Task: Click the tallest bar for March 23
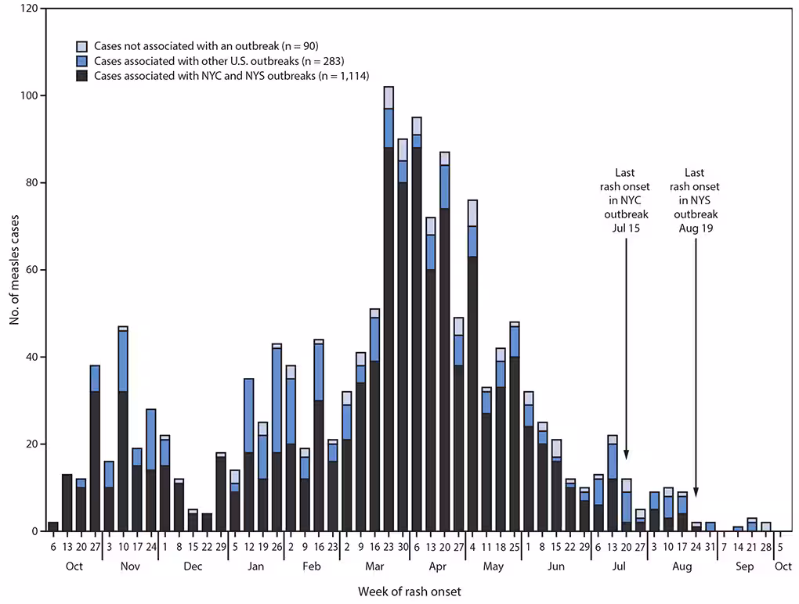pyautogui.click(x=389, y=313)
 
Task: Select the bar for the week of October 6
pyautogui.click(x=53, y=526)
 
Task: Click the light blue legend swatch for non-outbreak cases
pyautogui.click(x=81, y=45)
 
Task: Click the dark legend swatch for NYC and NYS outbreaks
pyautogui.click(x=81, y=76)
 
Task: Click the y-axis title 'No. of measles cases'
pyautogui.click(x=13, y=270)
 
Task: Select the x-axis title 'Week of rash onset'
pyautogui.click(x=410, y=591)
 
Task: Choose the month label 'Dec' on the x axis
pyautogui.click(x=193, y=566)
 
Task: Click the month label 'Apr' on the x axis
pyautogui.click(x=439, y=566)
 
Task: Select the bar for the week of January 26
pyautogui.click(x=277, y=438)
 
